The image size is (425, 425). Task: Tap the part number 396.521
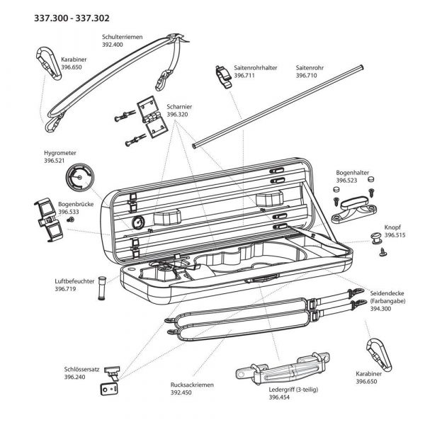pyautogui.click(x=55, y=161)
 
